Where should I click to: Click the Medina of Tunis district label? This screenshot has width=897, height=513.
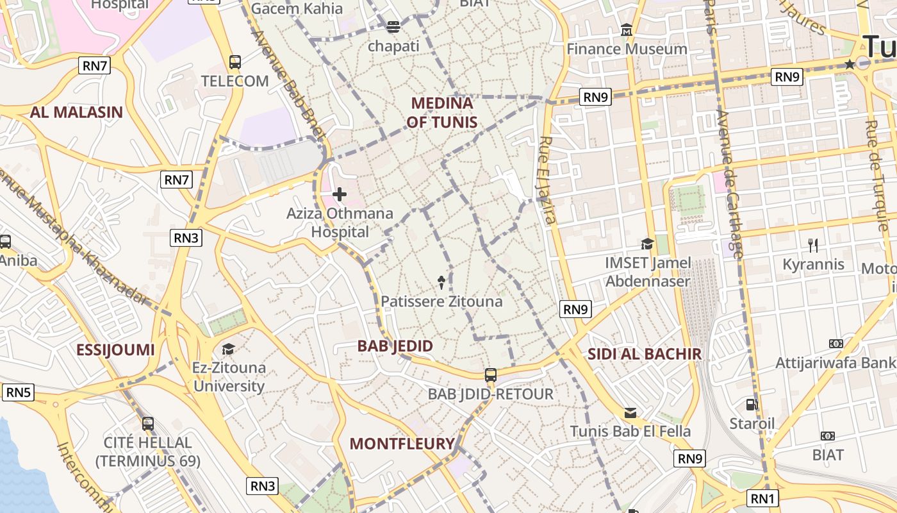click(x=441, y=112)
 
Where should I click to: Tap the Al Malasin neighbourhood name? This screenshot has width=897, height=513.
click(x=76, y=112)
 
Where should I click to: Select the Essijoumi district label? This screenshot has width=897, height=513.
click(x=115, y=349)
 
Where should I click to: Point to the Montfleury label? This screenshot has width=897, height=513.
click(x=402, y=443)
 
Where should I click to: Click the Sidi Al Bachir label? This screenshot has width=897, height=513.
click(x=645, y=353)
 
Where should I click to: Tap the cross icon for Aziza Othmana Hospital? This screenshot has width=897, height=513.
click(x=340, y=194)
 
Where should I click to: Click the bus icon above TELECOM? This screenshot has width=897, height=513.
click(x=235, y=62)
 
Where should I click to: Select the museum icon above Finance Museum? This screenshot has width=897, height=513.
click(x=627, y=30)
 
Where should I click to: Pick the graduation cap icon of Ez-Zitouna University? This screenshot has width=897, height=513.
click(x=228, y=349)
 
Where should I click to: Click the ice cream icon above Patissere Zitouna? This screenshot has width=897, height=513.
click(x=441, y=282)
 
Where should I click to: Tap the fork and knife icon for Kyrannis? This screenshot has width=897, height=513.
click(x=813, y=245)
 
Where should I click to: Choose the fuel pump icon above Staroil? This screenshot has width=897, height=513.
click(x=752, y=405)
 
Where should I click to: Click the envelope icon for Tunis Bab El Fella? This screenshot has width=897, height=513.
click(x=630, y=412)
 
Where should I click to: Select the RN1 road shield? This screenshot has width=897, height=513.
click(x=763, y=498)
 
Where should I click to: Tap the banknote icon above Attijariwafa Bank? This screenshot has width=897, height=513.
click(x=835, y=344)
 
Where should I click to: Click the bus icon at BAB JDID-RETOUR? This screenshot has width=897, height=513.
click(x=490, y=375)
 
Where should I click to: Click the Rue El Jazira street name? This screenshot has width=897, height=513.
click(x=547, y=180)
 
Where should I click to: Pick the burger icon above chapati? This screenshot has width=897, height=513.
click(x=393, y=27)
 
